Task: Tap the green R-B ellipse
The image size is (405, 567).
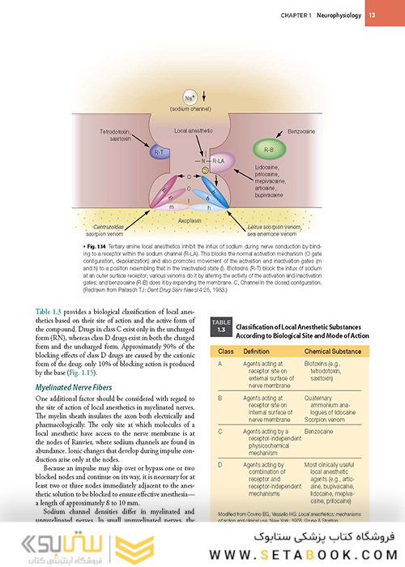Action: pos(269,149)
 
